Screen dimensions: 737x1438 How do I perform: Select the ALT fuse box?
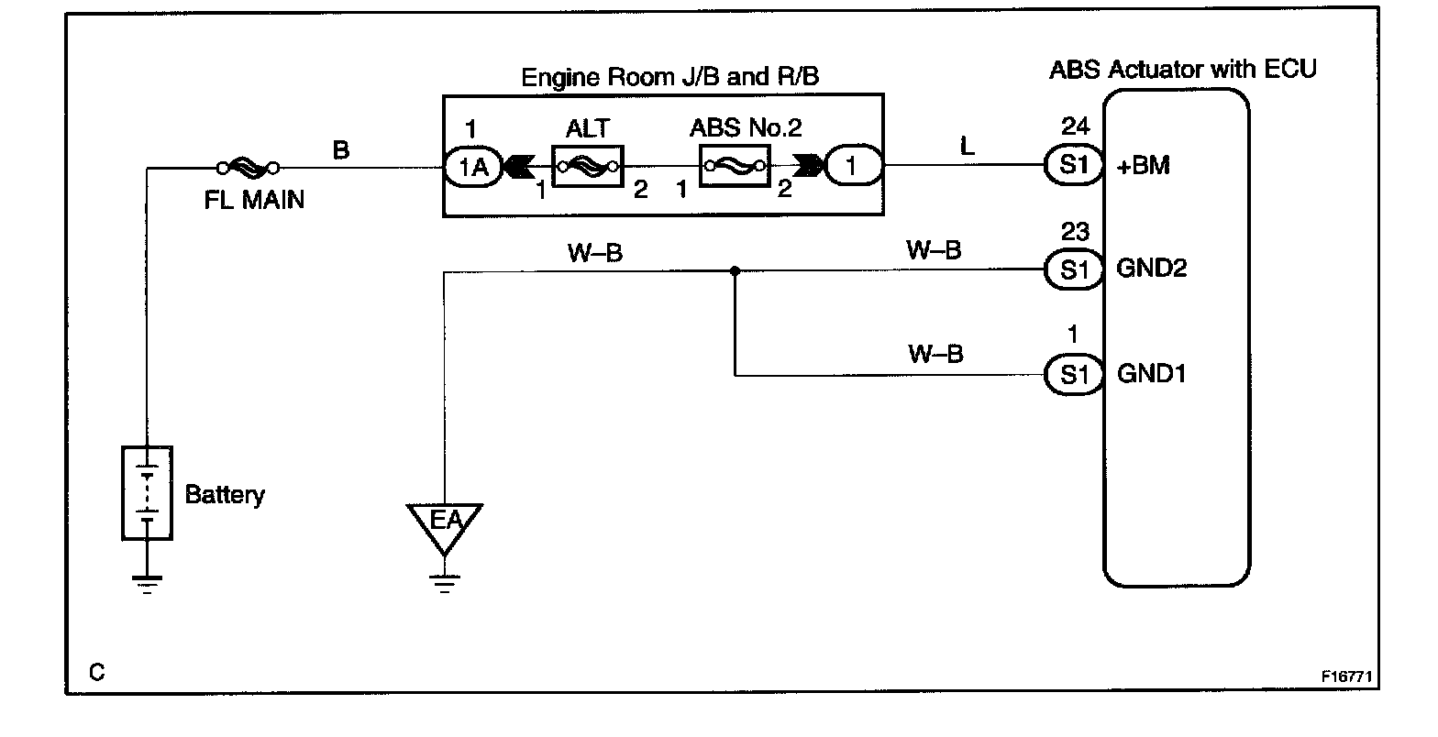(587, 167)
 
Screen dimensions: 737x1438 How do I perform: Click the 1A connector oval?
(471, 167)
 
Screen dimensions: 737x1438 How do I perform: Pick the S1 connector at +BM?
(1072, 166)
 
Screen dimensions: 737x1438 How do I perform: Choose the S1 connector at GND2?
(1072, 269)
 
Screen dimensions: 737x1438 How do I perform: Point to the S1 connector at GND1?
(1072, 374)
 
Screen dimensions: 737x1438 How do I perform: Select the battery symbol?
(147, 492)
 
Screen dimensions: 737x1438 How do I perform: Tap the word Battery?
(225, 495)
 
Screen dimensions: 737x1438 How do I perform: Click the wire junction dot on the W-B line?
(735, 270)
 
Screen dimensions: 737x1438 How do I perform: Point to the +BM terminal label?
(1144, 167)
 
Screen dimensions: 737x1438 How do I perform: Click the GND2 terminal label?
(1151, 269)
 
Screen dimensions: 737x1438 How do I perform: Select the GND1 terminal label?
(1151, 374)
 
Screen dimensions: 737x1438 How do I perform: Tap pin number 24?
(1073, 126)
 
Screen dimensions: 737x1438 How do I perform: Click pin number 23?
(1073, 230)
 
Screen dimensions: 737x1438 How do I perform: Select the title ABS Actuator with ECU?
(1182, 69)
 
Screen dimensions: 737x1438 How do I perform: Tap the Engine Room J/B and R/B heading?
(669, 76)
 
